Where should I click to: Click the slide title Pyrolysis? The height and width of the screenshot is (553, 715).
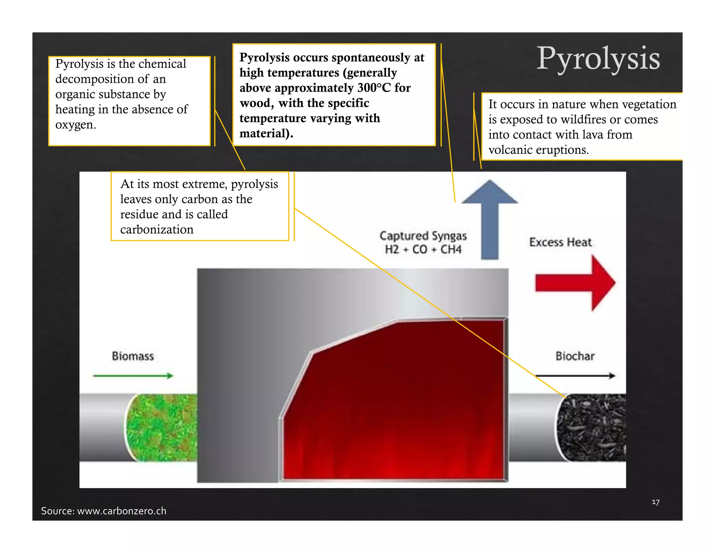[x=598, y=59]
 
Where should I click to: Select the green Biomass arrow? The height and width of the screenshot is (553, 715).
[x=133, y=376]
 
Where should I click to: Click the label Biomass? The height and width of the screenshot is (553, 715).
[x=133, y=356]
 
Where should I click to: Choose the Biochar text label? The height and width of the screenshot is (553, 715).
[x=575, y=356]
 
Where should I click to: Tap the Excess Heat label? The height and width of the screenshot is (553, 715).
[x=560, y=242]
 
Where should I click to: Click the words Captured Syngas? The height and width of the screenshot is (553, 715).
[x=423, y=236]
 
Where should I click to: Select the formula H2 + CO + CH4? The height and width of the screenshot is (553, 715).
[x=423, y=250]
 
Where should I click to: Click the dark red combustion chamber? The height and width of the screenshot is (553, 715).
[x=395, y=402]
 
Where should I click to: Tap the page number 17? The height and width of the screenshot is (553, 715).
[x=655, y=502]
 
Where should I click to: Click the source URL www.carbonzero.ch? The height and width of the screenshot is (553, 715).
[x=121, y=511]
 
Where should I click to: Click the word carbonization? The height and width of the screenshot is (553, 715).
[x=157, y=230]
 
